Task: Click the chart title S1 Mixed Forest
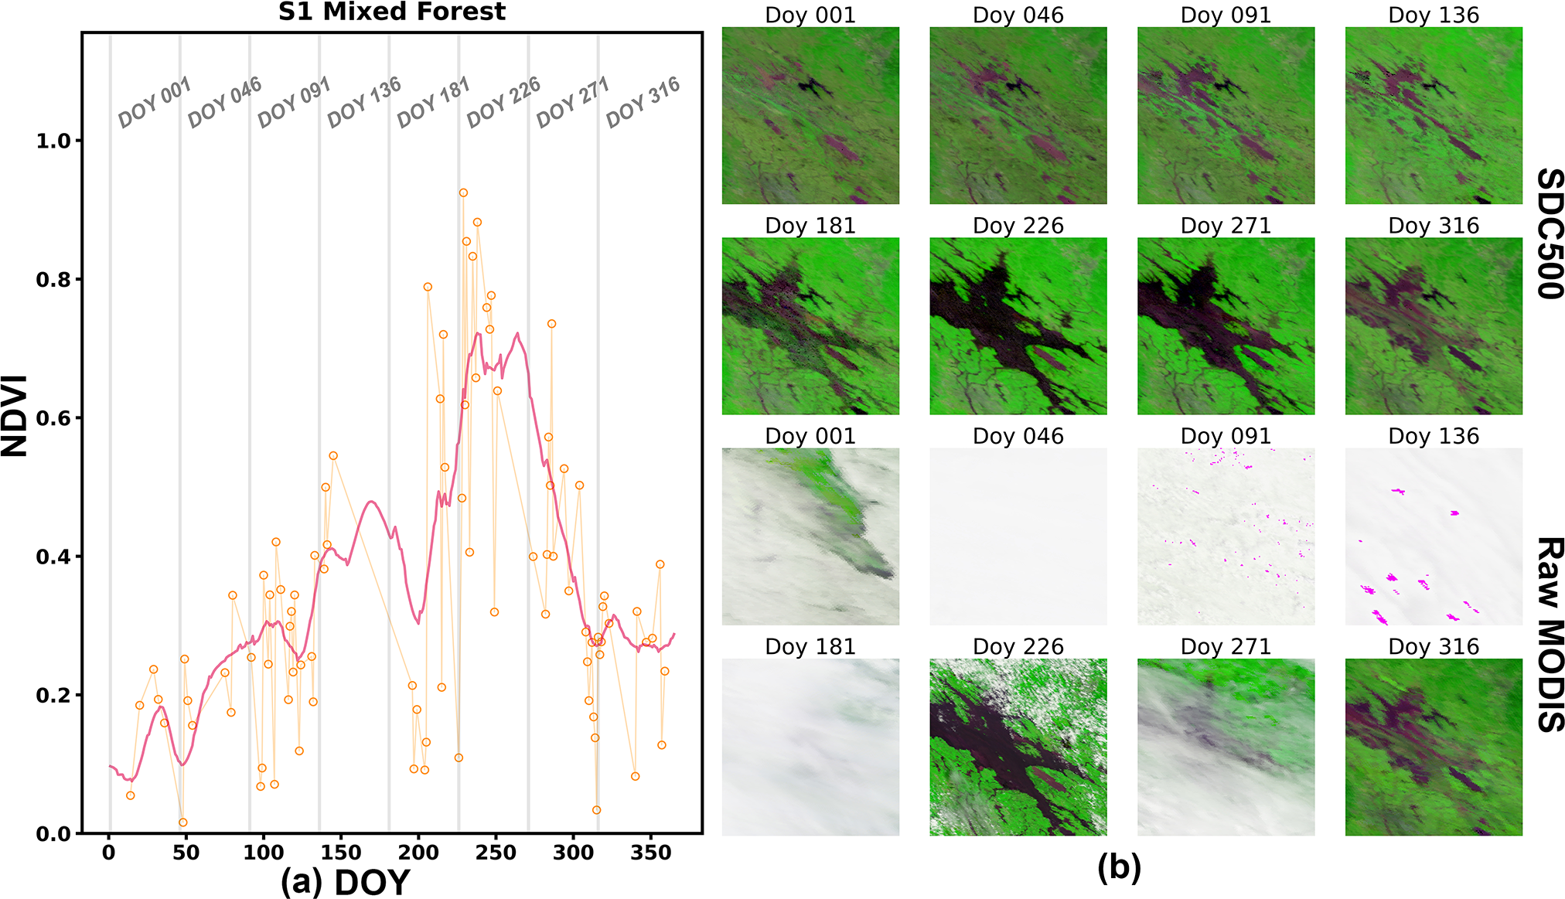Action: point(391,12)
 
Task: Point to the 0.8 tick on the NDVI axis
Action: point(53,280)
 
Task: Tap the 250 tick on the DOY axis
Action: point(496,853)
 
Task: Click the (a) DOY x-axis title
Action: point(345,882)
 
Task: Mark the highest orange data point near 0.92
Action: point(463,193)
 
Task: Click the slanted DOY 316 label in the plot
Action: point(643,102)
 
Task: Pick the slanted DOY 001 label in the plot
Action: point(154,102)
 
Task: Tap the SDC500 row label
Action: point(1549,233)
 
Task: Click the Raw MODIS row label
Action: point(1549,634)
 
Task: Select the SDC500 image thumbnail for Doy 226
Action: point(1018,325)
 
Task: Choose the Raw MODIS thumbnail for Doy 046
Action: point(1018,536)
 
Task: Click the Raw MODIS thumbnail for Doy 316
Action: point(1434,747)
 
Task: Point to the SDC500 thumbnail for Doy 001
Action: point(810,115)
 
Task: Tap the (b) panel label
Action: point(1119,868)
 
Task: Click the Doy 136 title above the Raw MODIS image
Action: point(1434,436)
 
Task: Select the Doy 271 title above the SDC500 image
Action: point(1226,226)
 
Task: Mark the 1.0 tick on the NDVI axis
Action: point(53,141)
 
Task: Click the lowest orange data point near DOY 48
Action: point(182,822)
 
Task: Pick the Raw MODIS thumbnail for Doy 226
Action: point(1018,747)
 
